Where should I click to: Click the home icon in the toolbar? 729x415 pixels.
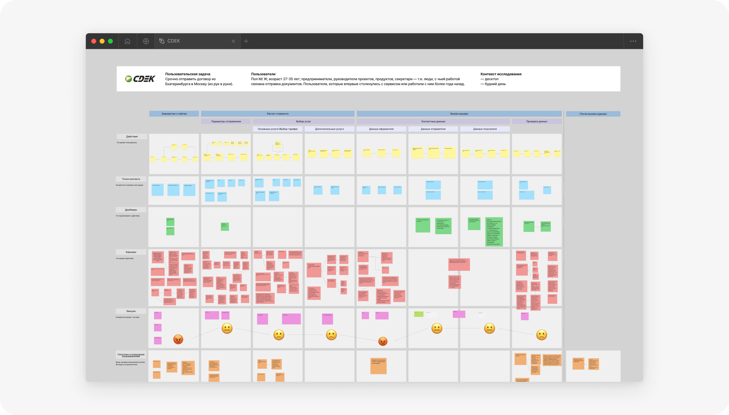click(127, 41)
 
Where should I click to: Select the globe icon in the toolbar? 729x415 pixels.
click(146, 41)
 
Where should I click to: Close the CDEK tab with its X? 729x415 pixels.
click(233, 41)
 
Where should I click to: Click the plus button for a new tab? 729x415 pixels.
click(246, 41)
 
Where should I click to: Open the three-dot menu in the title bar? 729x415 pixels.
click(633, 41)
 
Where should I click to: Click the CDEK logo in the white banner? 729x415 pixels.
click(140, 79)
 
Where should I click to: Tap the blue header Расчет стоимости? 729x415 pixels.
click(277, 114)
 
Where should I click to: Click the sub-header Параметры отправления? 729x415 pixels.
click(226, 121)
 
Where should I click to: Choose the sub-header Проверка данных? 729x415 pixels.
click(536, 121)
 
